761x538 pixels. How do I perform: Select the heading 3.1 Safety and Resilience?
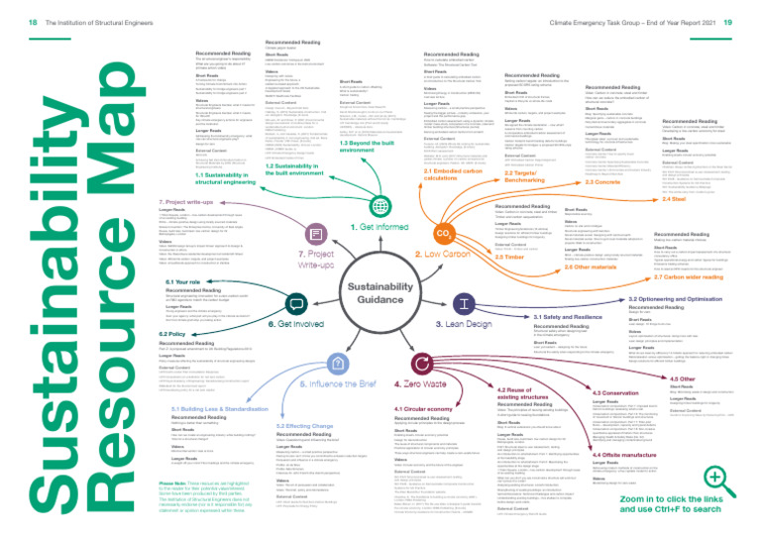point(567,316)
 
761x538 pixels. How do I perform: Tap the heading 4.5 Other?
point(683,350)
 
